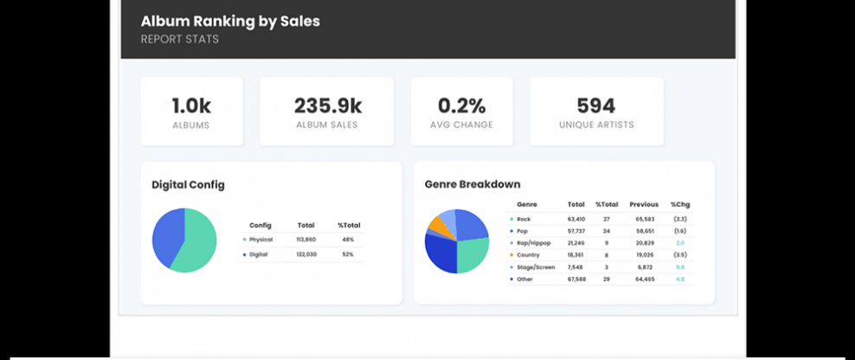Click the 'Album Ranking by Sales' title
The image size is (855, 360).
(230, 22)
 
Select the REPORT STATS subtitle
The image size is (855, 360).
(179, 39)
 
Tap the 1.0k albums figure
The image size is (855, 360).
(191, 106)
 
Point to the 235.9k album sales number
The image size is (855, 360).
(327, 106)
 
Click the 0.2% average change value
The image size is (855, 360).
(461, 106)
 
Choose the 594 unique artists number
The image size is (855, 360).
(596, 106)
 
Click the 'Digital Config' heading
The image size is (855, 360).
(188, 184)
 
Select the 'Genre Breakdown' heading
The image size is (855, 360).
(472, 184)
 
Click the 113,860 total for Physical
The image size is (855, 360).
(306, 239)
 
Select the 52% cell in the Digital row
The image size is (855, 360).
(348, 254)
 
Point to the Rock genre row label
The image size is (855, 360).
(524, 219)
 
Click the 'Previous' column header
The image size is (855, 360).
(644, 204)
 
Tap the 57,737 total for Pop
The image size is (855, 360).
(576, 231)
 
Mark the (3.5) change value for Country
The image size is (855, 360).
(679, 255)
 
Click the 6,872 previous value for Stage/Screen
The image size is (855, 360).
(645, 267)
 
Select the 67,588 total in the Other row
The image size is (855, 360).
(576, 280)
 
